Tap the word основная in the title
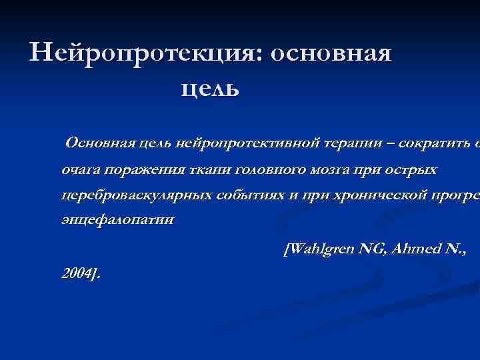[x=331, y=53]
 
